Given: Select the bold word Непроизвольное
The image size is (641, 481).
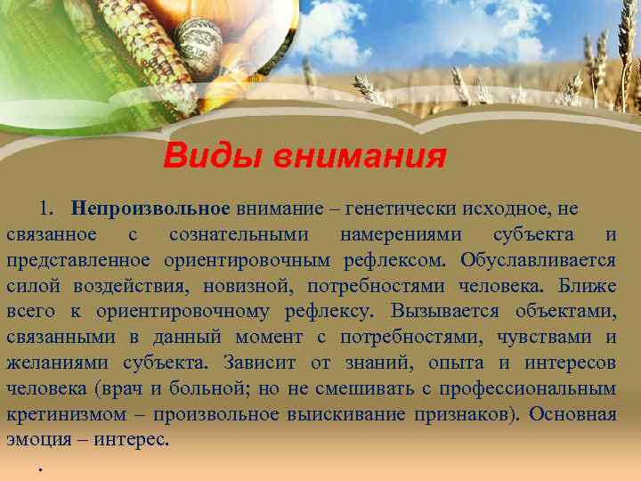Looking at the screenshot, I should point(152,208).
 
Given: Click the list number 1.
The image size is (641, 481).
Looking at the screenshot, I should point(45,208).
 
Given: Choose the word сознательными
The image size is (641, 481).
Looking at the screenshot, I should point(239,234).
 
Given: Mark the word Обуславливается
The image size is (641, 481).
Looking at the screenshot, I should point(539,260).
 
